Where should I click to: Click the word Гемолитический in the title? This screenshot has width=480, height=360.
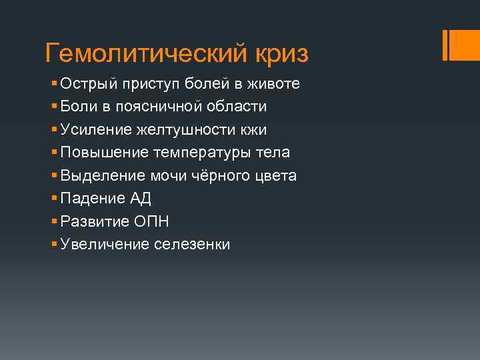[144, 53]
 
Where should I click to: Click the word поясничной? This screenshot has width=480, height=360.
[159, 107]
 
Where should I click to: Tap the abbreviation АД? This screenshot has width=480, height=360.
[141, 199]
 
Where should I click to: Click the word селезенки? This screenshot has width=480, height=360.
[192, 245]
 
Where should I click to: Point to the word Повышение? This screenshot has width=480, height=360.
[103, 153]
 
